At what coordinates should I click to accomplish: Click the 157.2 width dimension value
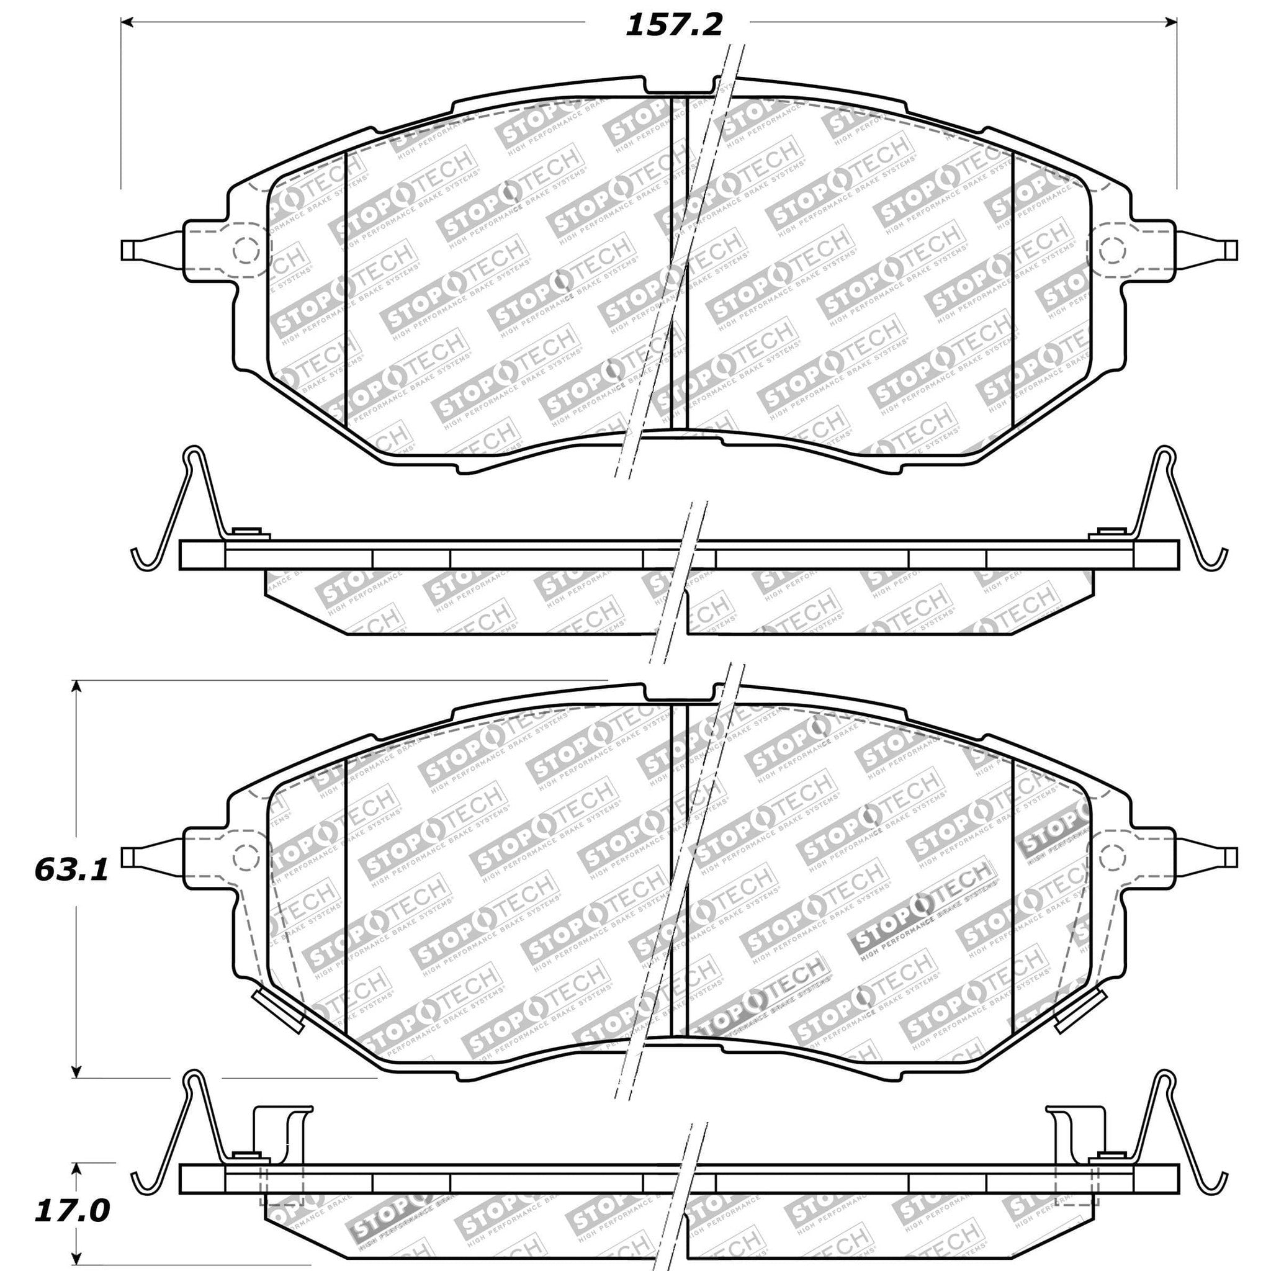pos(673,25)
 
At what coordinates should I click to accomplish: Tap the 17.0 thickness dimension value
pos(71,1193)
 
